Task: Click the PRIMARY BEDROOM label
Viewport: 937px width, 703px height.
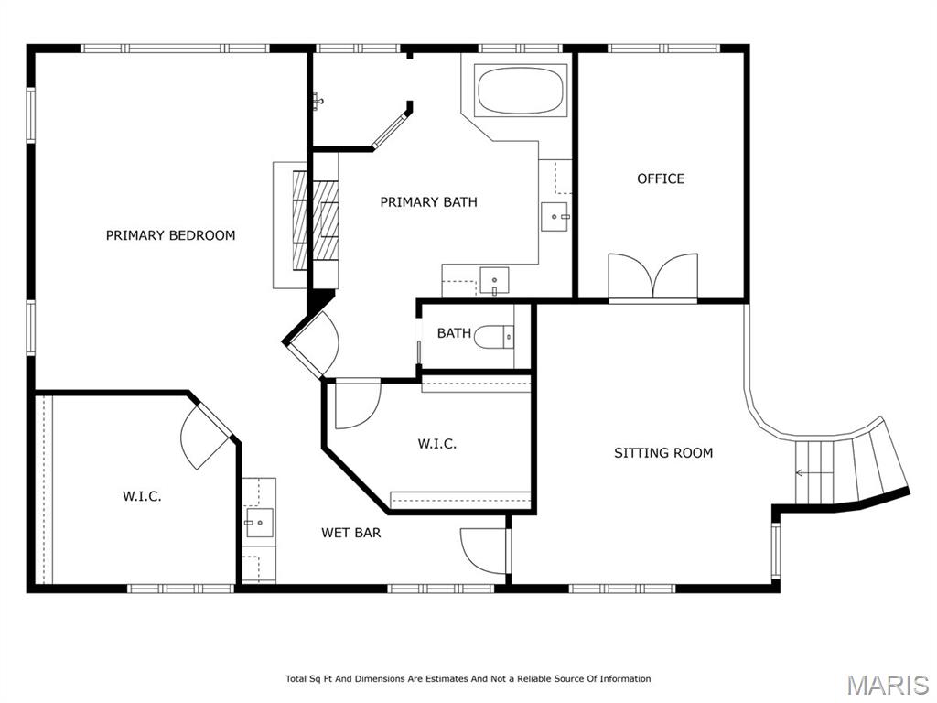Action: [x=170, y=235]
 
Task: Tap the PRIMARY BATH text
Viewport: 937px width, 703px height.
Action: [x=428, y=202]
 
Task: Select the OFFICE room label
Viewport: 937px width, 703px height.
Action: [x=661, y=178]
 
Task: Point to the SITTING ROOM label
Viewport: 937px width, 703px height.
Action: [x=663, y=453]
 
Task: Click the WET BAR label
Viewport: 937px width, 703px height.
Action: [x=350, y=533]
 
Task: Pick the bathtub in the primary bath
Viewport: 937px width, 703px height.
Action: [x=521, y=91]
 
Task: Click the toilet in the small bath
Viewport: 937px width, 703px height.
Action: [x=493, y=337]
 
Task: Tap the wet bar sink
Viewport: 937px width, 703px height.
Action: [x=259, y=523]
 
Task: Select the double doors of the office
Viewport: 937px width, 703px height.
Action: [x=652, y=276]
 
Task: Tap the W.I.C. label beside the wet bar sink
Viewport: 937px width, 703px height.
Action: [x=142, y=496]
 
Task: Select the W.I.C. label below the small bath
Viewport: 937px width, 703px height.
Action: [x=436, y=444]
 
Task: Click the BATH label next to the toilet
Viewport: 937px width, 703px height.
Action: [x=454, y=333]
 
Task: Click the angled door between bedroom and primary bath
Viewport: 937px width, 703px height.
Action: [x=312, y=344]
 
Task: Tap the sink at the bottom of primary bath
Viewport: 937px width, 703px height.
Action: [x=494, y=281]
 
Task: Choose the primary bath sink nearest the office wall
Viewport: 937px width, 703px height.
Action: [x=555, y=216]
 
